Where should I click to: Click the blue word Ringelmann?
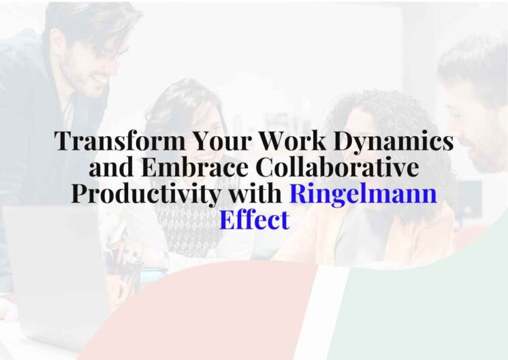click(363, 194)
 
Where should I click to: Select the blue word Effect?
click(254, 220)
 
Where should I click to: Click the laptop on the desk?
click(48, 259)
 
